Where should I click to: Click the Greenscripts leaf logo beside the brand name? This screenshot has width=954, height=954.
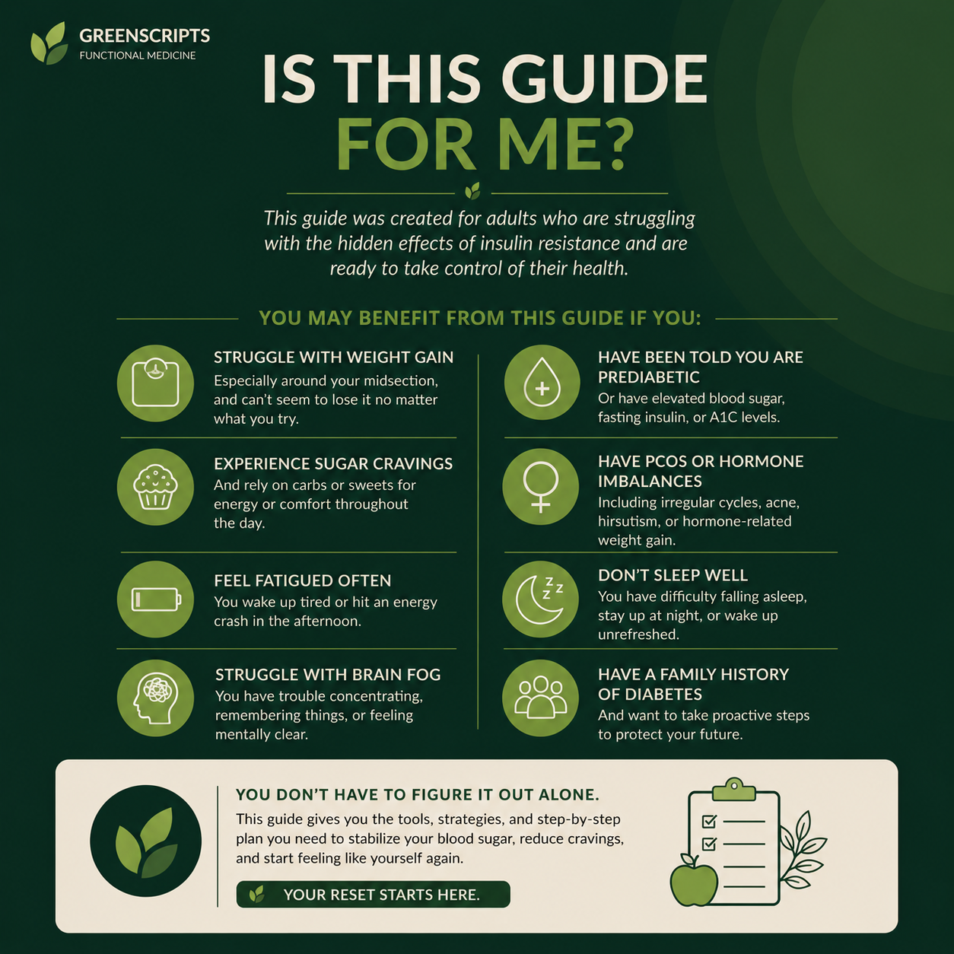coord(49,43)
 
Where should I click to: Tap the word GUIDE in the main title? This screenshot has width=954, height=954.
coord(604,79)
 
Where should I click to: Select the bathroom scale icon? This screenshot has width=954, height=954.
coord(155,383)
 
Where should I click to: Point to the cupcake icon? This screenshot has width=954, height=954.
coord(155,487)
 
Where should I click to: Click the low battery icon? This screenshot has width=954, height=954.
coord(156,599)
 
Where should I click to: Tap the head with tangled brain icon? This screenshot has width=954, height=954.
coord(155,698)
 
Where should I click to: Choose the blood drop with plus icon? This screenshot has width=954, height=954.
coord(542,382)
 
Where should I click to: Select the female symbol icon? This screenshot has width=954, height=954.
coord(541,487)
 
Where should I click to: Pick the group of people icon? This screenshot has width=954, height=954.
coord(541,697)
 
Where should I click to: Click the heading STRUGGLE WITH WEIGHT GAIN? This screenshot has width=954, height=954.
coord(333,358)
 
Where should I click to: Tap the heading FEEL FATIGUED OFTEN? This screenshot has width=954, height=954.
coord(303,580)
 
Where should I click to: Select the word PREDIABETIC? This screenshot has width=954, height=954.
coord(648,377)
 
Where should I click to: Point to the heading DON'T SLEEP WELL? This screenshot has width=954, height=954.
coord(673,575)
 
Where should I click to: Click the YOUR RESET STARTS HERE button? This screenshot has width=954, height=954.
coord(374,895)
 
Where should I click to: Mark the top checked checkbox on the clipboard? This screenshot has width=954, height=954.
coord(709,822)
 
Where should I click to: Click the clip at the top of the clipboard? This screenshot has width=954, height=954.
coord(733,789)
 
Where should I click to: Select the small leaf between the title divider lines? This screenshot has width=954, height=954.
coord(472,191)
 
